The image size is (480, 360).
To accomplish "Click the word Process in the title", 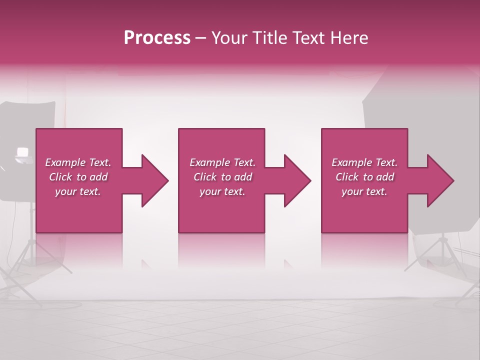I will pos(157,38).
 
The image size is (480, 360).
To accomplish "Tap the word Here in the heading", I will pos(349,38).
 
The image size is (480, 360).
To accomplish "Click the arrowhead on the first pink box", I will pos(153,180).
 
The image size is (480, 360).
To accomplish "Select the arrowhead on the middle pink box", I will pos(295,180).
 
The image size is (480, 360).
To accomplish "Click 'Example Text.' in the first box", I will pos(78,162).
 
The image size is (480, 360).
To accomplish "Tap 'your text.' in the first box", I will pos(78,191).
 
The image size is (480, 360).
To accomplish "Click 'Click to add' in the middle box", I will pos(222,177).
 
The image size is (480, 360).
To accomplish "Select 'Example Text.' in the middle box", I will pos(222,162).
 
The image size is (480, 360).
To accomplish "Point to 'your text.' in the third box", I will pos(364,191).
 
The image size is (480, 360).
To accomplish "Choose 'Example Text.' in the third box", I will pos(364,162).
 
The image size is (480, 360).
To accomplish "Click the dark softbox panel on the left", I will pos(20,125).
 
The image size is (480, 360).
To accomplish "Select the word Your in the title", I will pos(228,38).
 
